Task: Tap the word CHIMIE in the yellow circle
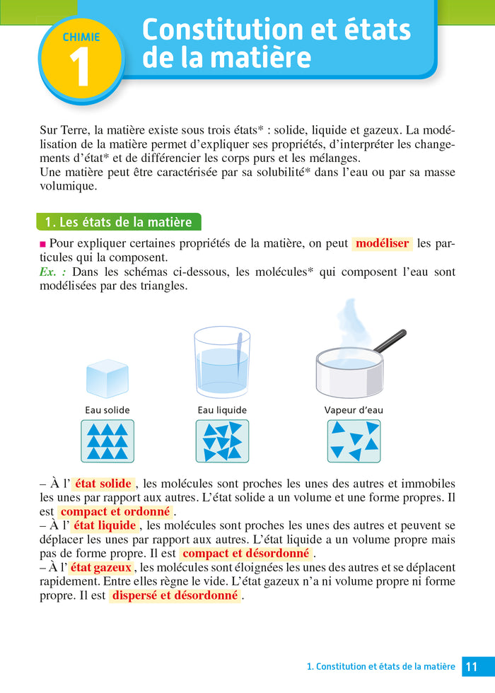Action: pos(81,37)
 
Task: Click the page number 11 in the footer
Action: pos(472,667)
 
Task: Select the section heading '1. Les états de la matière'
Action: pos(118,222)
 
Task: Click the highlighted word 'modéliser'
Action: pos(382,244)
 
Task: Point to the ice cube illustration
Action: pos(107,378)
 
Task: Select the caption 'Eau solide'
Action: pos(107,410)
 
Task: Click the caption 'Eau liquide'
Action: pos(222,410)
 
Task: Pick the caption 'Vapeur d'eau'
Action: pos(354,410)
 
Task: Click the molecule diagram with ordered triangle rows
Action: pos(107,441)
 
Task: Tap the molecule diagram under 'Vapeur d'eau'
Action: pos(354,441)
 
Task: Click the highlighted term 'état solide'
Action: pos(103,484)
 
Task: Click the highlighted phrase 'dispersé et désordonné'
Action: pos(175,595)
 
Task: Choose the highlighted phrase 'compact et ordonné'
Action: pos(115,511)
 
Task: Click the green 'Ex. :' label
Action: pos(53,272)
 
